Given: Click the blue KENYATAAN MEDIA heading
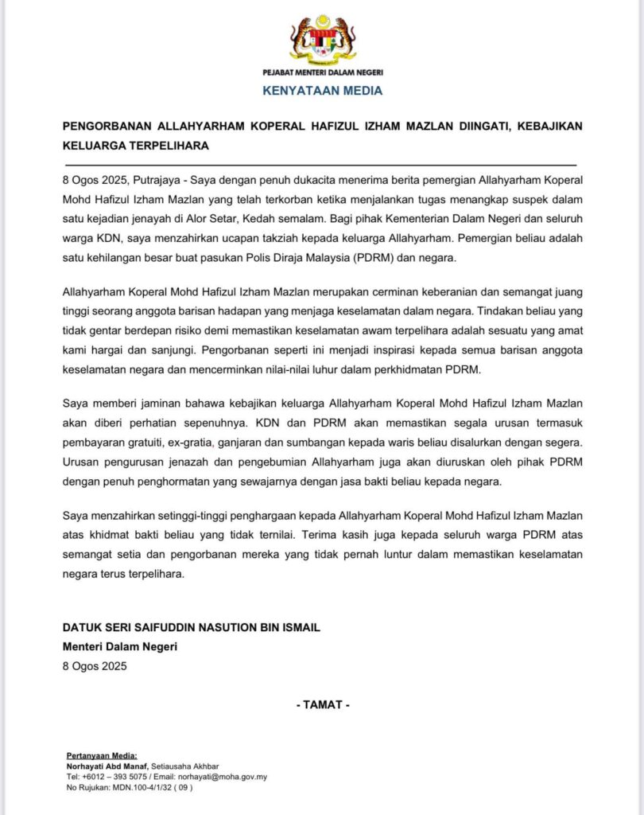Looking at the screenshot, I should pyautogui.click(x=322, y=91).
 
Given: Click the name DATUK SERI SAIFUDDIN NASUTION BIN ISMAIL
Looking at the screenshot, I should pyautogui.click(x=192, y=628).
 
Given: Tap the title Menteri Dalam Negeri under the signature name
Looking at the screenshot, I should pyautogui.click(x=120, y=646).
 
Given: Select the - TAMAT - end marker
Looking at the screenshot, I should pyautogui.click(x=322, y=704).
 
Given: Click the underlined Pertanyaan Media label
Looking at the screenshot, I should pyautogui.click(x=102, y=755).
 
